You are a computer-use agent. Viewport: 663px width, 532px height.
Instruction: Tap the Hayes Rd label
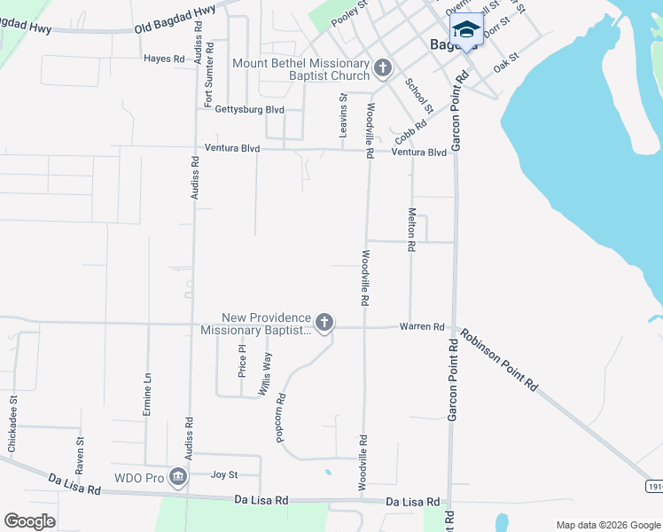164,59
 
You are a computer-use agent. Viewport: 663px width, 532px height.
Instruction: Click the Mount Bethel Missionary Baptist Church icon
383,67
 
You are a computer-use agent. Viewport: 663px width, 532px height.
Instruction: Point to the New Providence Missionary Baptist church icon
324,323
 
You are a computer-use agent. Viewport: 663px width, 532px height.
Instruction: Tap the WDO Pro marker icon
178,478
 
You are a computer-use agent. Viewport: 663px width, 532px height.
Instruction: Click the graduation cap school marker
466,32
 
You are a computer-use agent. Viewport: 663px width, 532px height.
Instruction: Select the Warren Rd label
421,327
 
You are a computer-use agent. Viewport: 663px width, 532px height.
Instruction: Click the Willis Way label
265,373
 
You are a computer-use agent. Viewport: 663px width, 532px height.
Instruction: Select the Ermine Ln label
148,395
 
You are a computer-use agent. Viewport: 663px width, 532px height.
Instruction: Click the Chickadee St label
12,429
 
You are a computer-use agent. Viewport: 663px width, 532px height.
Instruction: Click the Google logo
29,521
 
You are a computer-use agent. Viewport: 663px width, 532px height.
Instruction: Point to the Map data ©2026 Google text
607,525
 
